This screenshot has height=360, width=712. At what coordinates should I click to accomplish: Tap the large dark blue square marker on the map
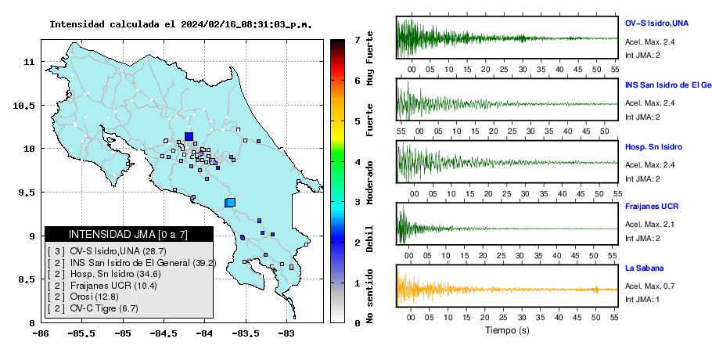click(189, 136)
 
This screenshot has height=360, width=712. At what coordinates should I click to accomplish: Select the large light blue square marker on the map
click(230, 203)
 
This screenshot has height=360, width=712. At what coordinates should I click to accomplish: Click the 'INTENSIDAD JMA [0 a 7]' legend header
click(128, 234)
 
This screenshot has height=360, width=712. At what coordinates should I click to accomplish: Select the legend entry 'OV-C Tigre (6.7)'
click(104, 308)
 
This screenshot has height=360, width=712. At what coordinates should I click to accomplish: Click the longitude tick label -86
click(41, 333)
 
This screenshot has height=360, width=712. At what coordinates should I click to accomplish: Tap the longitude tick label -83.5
click(246, 333)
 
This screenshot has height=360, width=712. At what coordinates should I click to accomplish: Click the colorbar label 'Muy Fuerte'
click(369, 58)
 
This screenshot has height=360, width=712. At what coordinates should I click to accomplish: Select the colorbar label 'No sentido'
click(369, 296)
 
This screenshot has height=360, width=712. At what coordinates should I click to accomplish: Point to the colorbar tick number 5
click(358, 121)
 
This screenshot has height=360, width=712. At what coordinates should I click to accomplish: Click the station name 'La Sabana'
click(645, 268)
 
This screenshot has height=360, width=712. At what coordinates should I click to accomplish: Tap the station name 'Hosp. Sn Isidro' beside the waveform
click(653, 147)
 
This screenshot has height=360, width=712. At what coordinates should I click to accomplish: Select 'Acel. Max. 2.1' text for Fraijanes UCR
click(649, 224)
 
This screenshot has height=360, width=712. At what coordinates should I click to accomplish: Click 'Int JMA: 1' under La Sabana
click(642, 299)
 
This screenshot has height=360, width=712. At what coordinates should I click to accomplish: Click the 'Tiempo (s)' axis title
click(507, 330)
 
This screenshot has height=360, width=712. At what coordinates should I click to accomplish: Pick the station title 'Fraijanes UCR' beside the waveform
click(652, 206)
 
